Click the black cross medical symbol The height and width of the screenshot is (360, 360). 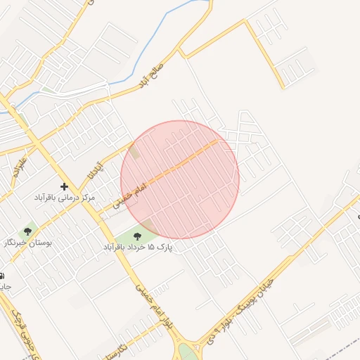tap(65, 186)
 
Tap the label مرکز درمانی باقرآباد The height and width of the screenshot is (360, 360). tap(65, 198)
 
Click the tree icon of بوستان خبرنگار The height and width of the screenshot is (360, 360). tap(28, 231)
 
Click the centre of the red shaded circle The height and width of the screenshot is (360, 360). tap(180, 179)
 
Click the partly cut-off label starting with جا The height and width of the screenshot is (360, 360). tap(4, 287)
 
